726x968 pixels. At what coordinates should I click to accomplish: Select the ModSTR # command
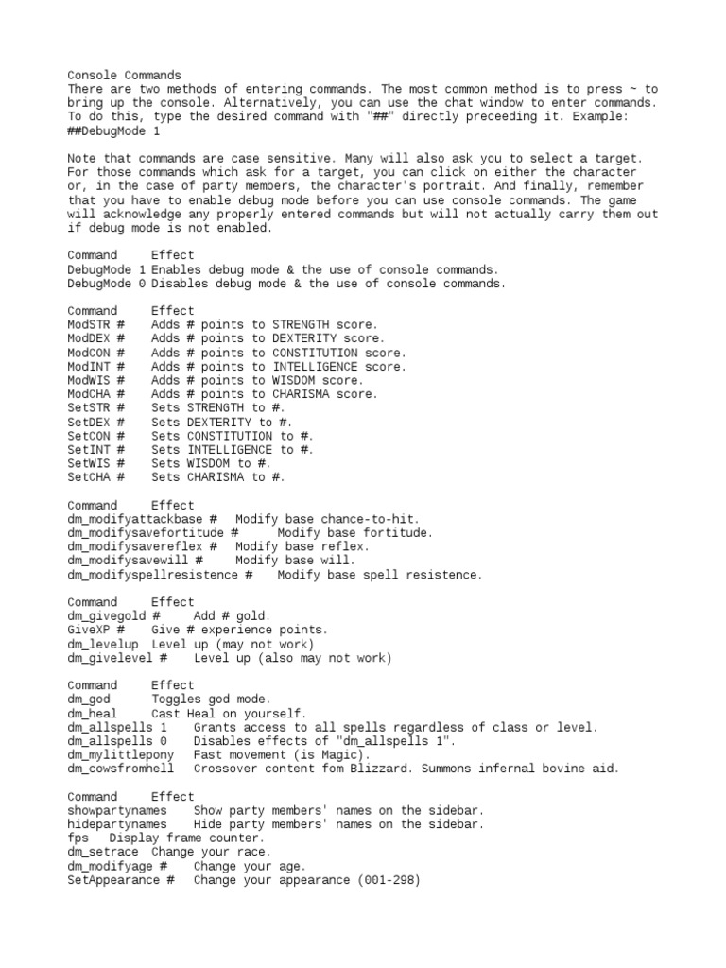(95, 325)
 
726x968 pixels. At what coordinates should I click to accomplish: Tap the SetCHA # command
(95, 478)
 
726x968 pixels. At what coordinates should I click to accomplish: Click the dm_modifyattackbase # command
(143, 520)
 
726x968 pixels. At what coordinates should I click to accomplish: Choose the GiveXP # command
(95, 631)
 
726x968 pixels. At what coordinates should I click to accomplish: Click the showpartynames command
(117, 812)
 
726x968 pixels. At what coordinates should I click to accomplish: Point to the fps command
(78, 839)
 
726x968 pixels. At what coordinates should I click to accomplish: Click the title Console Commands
(124, 75)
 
